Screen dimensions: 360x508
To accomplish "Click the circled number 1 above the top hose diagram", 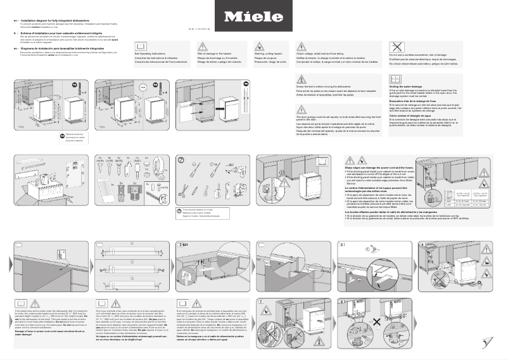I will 132,242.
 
